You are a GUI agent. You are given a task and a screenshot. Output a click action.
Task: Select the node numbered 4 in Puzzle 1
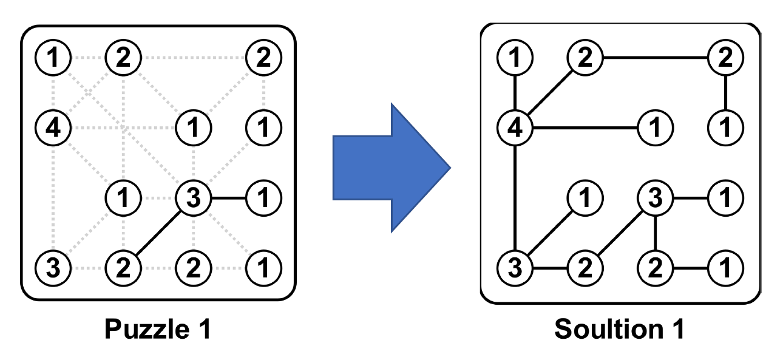tap(53, 128)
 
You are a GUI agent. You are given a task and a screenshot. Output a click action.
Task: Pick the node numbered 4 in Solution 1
tap(515, 128)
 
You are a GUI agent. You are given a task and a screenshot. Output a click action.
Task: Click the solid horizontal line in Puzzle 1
tap(228, 198)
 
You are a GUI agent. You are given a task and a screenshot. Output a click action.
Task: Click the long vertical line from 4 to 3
tap(515, 197)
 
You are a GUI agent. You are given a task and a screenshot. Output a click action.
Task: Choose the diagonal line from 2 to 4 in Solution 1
tap(550, 93)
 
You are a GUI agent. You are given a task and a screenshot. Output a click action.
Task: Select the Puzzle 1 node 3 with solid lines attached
tap(193, 198)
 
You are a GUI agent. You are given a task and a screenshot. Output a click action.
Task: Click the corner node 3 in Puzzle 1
tap(53, 267)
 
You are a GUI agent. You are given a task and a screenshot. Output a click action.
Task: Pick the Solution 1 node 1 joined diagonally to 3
tap(585, 198)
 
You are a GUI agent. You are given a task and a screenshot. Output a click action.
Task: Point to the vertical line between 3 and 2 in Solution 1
tap(655, 233)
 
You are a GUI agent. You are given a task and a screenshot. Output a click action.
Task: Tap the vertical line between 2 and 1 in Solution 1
tap(725, 93)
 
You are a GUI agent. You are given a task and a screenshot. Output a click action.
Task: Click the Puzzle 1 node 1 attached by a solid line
tap(263, 198)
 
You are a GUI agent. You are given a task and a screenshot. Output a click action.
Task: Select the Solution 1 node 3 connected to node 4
tap(515, 267)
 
